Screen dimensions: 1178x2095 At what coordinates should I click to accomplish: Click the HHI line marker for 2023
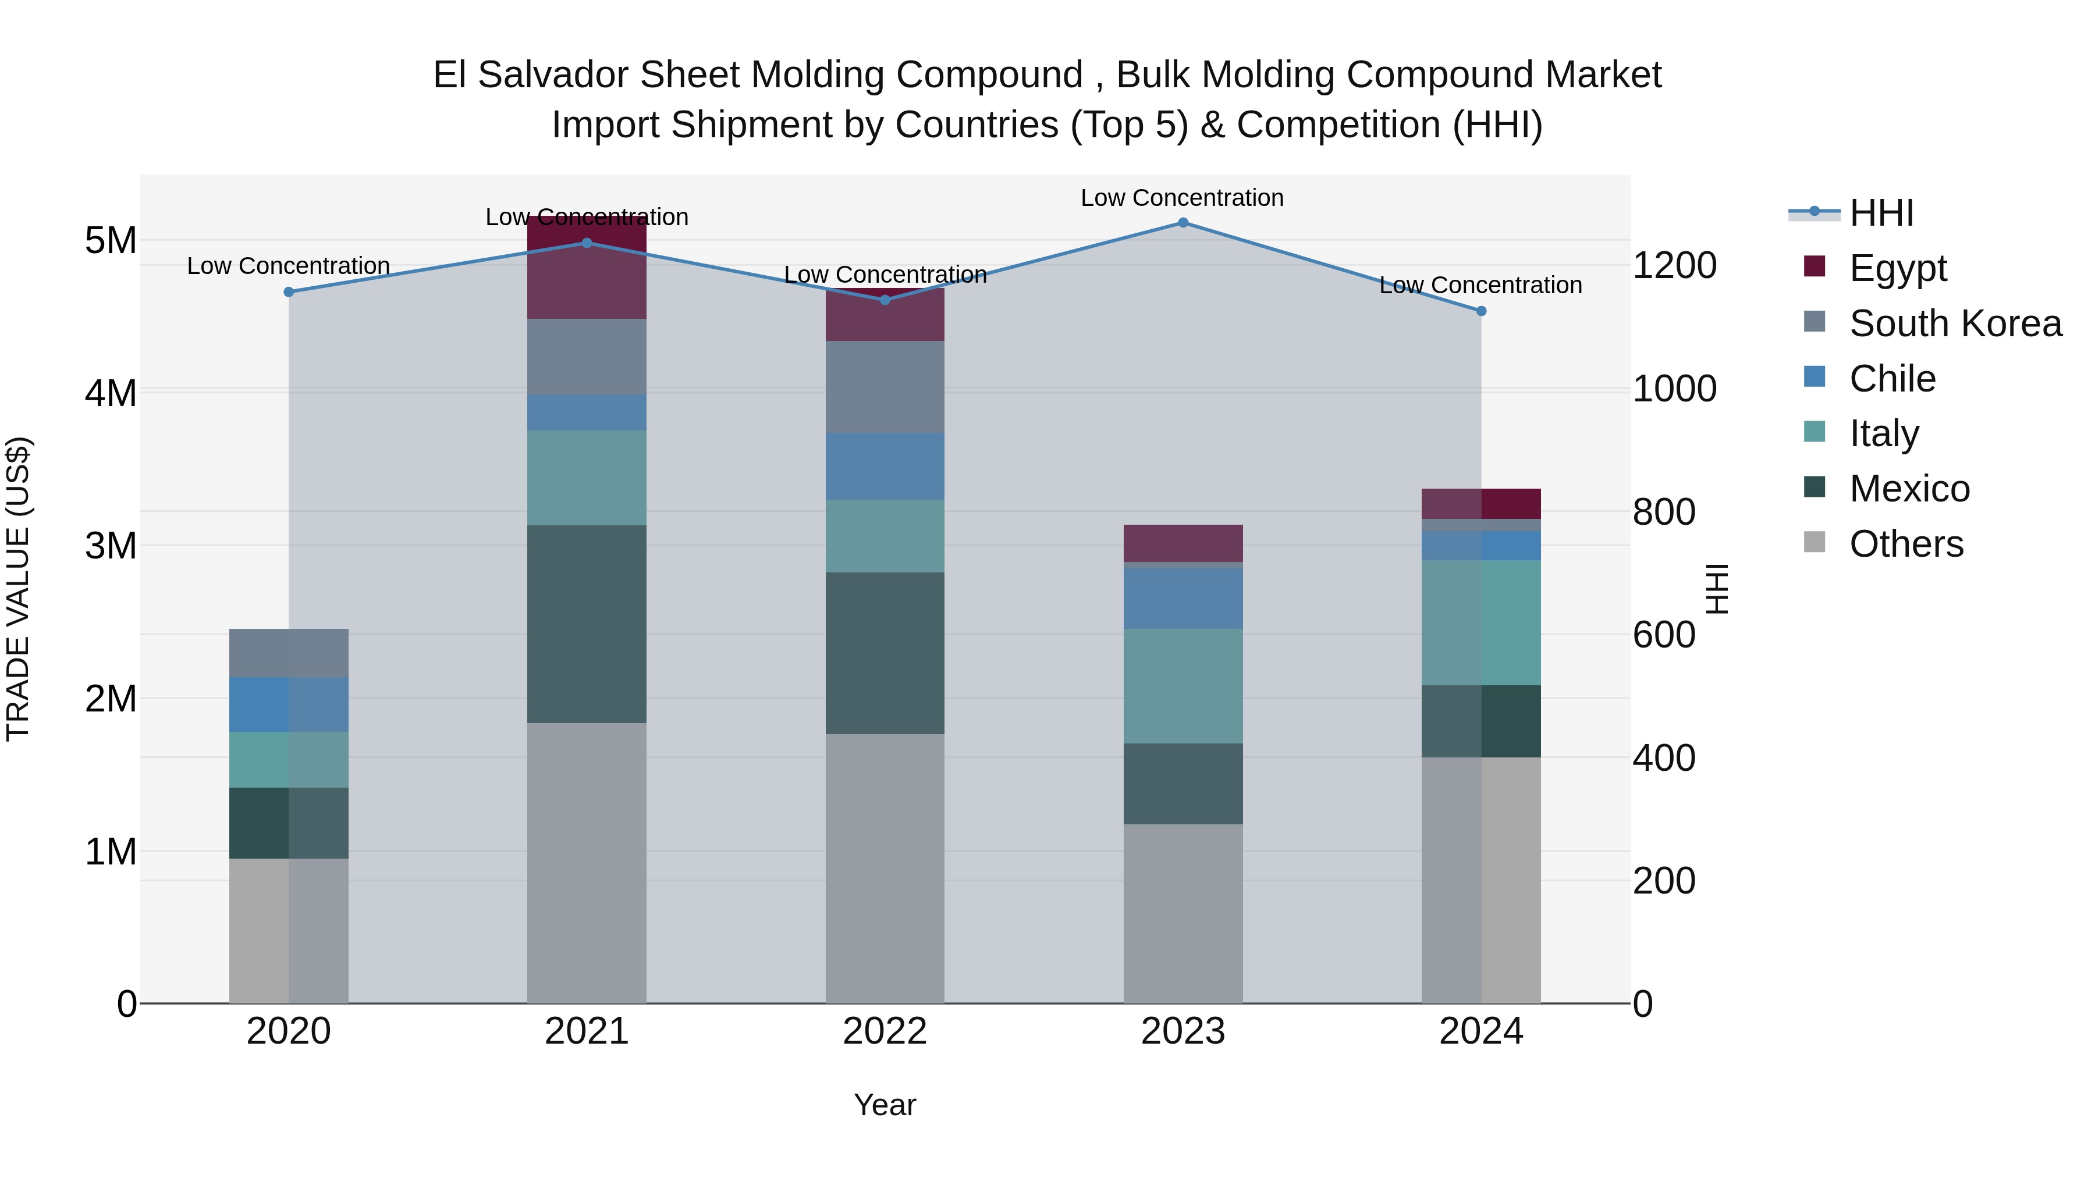pos(1183,223)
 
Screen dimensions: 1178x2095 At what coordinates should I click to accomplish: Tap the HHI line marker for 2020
pos(289,292)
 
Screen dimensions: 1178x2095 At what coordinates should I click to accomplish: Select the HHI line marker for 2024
pos(1481,311)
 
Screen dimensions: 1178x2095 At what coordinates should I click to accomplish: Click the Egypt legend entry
pos(1897,268)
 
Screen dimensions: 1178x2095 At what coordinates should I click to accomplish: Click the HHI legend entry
pos(1881,213)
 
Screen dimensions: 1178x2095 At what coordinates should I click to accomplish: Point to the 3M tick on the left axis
pos(111,546)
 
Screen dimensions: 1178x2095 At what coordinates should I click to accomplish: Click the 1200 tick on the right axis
pos(1674,266)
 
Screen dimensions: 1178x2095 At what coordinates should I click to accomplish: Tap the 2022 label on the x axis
pos(885,1031)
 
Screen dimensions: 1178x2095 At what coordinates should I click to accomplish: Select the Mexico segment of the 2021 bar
pos(587,624)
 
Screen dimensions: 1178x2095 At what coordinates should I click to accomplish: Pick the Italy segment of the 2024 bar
pos(1481,622)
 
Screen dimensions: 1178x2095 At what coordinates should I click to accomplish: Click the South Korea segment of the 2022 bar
pos(885,387)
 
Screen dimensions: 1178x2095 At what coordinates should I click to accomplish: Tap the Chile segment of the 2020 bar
pos(289,705)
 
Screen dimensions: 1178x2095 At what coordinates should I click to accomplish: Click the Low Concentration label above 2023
pos(1182,198)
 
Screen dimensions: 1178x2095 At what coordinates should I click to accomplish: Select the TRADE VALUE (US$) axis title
pos(18,589)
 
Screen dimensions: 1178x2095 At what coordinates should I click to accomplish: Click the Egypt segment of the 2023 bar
pos(1183,543)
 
